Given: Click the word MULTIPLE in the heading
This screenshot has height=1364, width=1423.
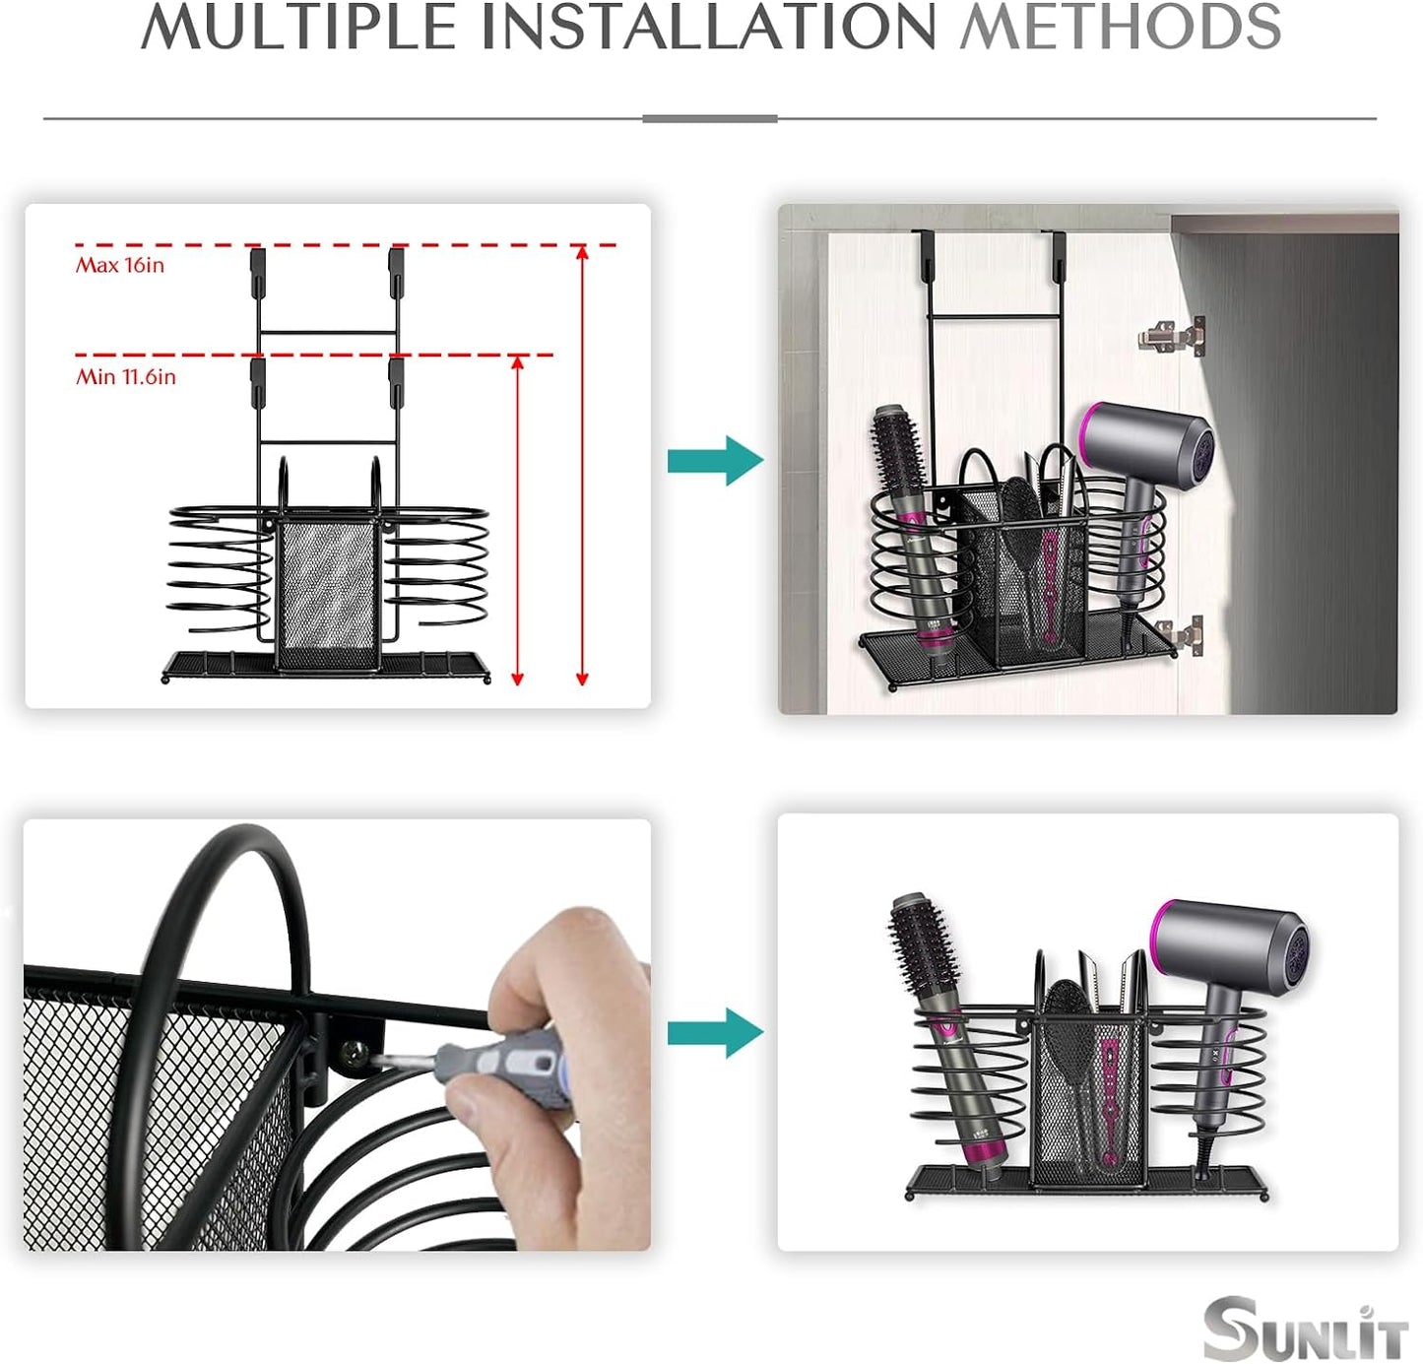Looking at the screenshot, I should pos(298,27).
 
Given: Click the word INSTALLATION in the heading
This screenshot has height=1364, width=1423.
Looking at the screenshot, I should pos(707,27).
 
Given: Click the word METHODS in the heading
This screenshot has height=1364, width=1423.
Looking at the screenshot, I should pos(1120,27).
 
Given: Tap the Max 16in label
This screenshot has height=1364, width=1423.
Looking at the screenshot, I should pos(120,265).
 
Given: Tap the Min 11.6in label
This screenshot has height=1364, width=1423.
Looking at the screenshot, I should pos(126,376).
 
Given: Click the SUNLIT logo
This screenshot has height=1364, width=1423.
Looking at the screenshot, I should pos(1305,1330).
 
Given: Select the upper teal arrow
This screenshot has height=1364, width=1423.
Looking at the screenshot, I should pos(715,460).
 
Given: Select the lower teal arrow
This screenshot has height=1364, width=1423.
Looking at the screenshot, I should pos(715,1032).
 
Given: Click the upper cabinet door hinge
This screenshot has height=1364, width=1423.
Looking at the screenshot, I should pos(1172,335).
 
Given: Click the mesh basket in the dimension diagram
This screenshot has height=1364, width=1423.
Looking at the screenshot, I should pos(327,591).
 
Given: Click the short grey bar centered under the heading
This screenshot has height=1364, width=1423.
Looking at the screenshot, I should pos(709,118).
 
